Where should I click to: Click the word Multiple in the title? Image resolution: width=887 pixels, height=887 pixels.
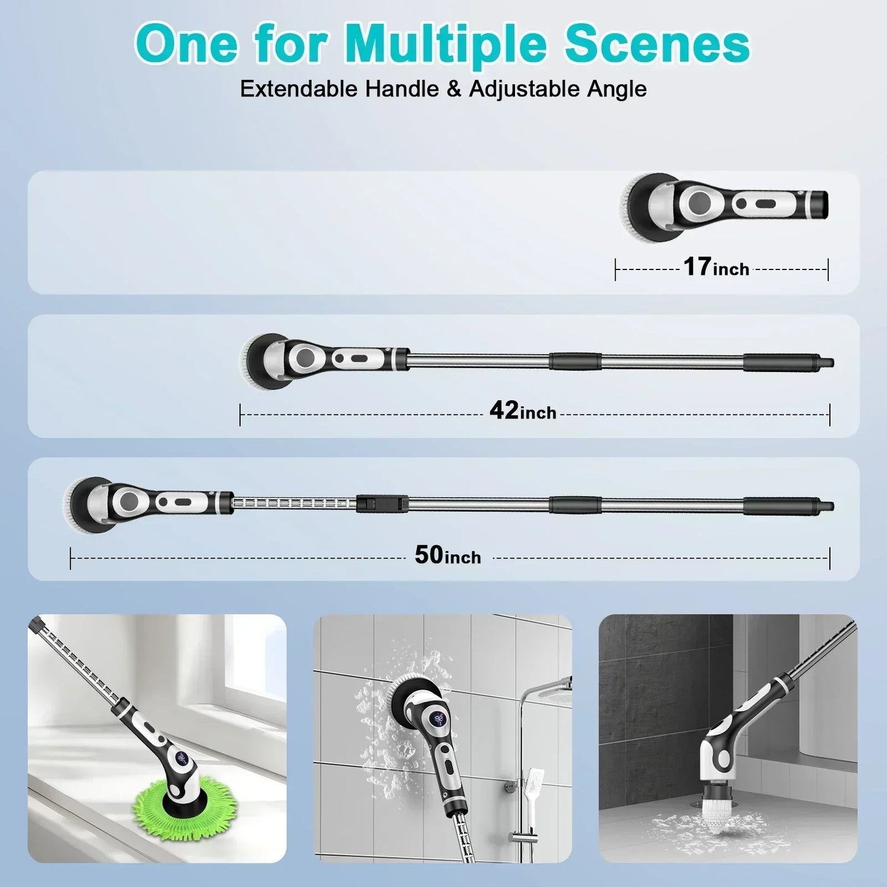(445, 44)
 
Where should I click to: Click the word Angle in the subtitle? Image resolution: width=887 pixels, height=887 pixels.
(616, 89)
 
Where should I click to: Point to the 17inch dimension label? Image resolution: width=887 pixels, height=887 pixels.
(716, 268)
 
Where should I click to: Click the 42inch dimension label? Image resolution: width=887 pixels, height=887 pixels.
(522, 411)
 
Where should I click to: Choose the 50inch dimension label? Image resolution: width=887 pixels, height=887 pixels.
(447, 555)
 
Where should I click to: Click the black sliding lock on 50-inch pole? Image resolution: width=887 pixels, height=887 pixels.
(382, 503)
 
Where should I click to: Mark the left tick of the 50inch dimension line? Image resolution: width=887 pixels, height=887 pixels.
(71, 559)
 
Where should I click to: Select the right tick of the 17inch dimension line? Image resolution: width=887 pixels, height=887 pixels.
(828, 269)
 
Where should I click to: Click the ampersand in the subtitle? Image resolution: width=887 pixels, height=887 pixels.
(454, 89)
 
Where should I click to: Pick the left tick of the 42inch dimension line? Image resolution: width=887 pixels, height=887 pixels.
(240, 415)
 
